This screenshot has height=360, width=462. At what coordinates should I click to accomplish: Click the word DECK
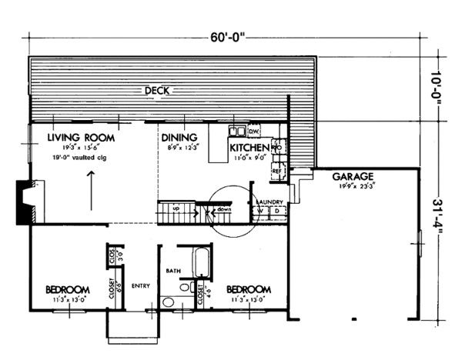[x=159, y=91]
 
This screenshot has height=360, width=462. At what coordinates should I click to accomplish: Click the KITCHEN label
[x=248, y=148]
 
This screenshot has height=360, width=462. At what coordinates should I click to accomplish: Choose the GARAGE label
[x=353, y=176]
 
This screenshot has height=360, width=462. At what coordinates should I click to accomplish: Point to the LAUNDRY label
[x=269, y=202]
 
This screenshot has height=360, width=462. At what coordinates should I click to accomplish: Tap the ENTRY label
[x=140, y=285]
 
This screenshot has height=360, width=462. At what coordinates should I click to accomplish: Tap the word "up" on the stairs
[x=176, y=208]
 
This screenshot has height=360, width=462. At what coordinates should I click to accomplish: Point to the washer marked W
[x=261, y=212]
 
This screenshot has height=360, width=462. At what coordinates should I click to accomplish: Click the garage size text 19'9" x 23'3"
[x=353, y=186]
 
